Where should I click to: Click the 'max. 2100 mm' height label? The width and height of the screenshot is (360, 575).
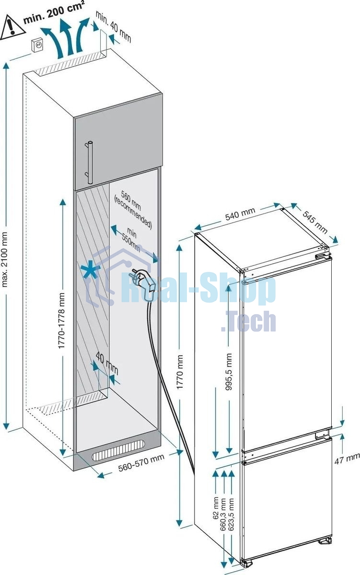(x=5, y=259)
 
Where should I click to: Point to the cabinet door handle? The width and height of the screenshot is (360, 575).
(x=89, y=162)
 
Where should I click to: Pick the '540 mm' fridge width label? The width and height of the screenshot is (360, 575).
(x=240, y=214)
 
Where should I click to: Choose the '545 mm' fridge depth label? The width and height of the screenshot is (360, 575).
(x=314, y=222)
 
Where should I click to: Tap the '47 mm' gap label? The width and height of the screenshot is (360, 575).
(x=347, y=459)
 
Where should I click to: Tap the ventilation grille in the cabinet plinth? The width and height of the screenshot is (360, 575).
(x=118, y=450)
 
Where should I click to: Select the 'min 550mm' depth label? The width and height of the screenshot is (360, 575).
(x=131, y=240)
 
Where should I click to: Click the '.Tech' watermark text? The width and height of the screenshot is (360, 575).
(x=248, y=322)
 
